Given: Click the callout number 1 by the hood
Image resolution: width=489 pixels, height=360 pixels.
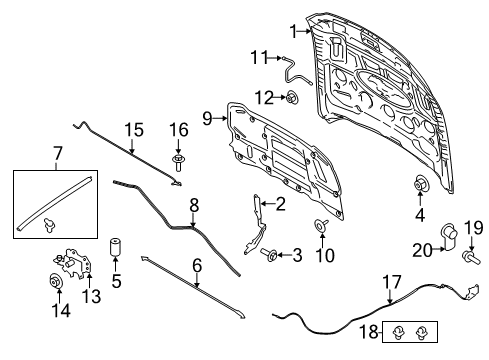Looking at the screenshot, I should tap(293, 31).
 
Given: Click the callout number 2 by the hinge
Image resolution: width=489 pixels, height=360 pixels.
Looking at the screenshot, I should tap(280, 205).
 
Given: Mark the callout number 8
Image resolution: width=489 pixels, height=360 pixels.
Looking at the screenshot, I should tap(194, 204).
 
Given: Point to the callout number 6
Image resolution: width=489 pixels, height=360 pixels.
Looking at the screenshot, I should tap(196, 265).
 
